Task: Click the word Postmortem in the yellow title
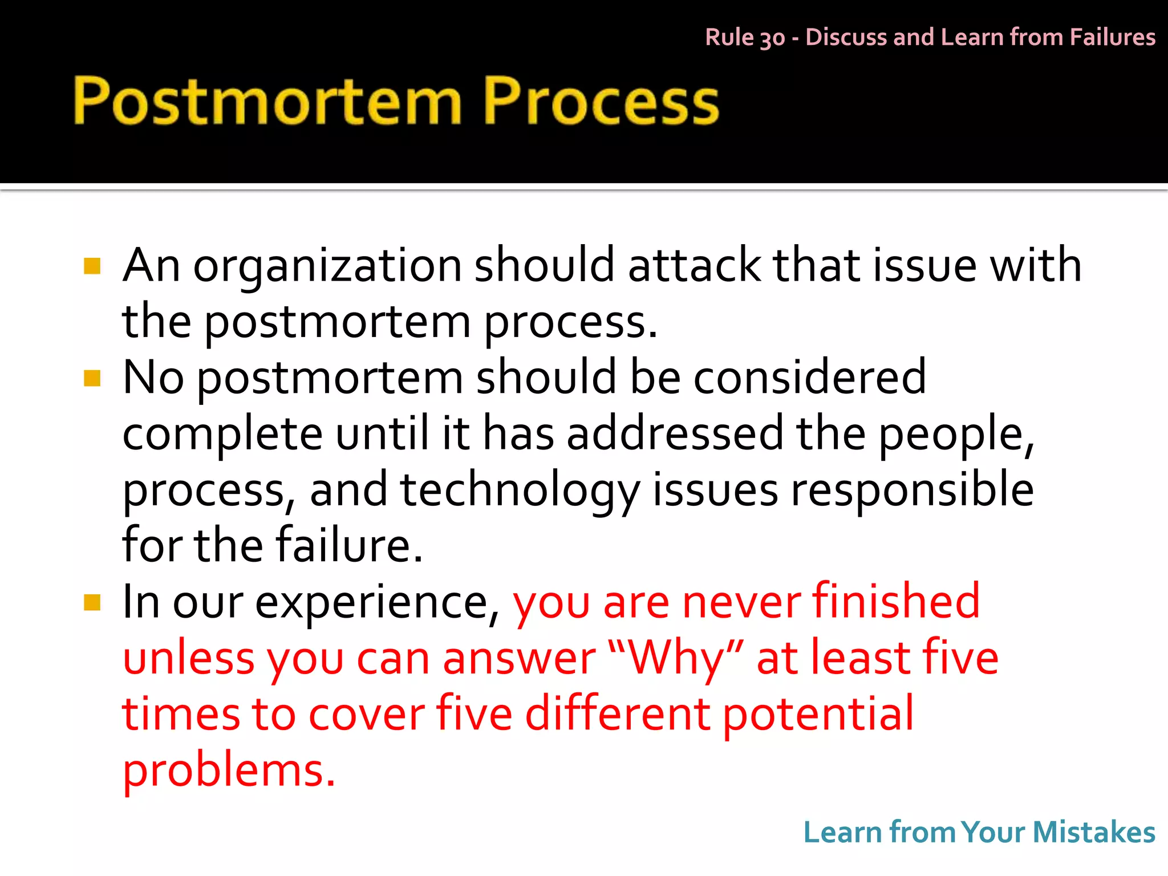coord(267,102)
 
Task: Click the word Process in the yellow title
coord(601,102)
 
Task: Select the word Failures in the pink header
coord(1112,37)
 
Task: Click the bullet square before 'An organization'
coord(92,266)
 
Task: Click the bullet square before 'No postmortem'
coord(92,378)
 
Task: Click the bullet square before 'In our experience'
coord(92,602)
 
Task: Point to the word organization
coord(327,266)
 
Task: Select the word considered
coord(809,377)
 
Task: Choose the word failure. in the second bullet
coord(350,545)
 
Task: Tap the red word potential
coord(818,714)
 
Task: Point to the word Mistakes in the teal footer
coord(1093,832)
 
